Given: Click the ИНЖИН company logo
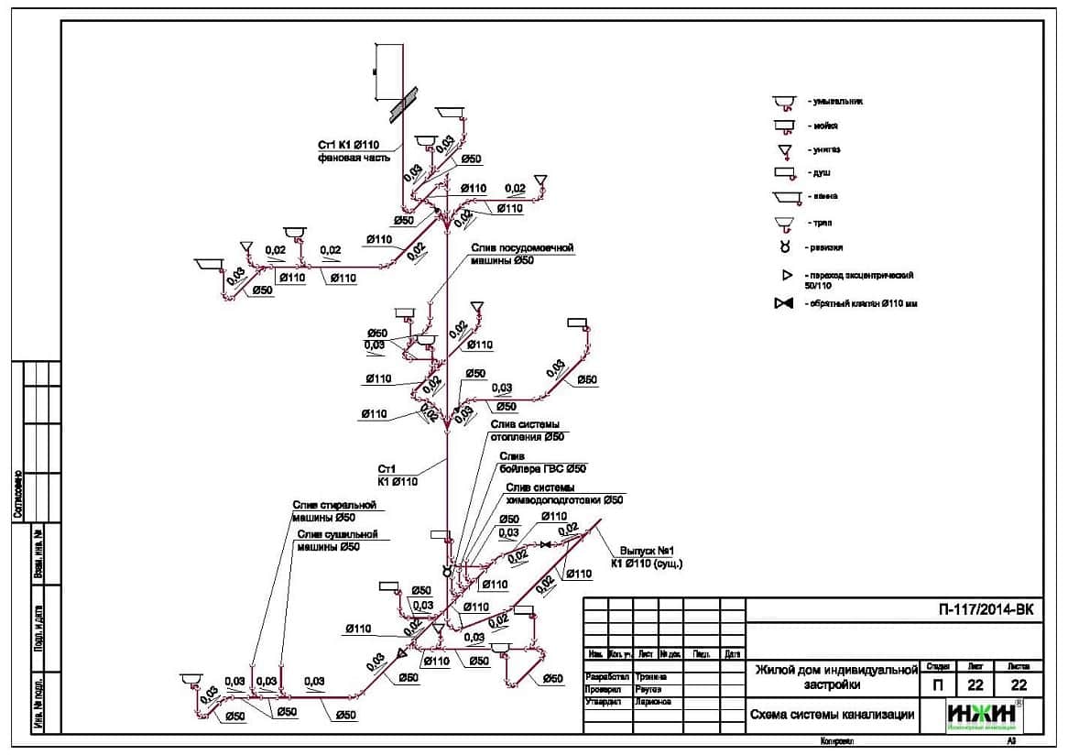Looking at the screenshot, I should [985, 715].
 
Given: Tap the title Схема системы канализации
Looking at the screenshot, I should [832, 716].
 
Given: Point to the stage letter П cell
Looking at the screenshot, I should [932, 684].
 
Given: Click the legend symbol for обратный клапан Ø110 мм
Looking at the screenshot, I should [783, 304].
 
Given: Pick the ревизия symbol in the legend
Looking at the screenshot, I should [784, 247].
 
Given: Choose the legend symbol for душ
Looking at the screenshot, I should [784, 172].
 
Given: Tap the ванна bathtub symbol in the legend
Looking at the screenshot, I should [785, 197].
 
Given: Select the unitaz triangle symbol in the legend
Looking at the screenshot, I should [784, 149].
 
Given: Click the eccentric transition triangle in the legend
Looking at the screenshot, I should [785, 275].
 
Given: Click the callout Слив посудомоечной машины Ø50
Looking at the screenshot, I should [521, 254].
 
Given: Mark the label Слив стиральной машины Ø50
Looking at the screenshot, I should [334, 511].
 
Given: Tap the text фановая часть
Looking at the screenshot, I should [354, 158].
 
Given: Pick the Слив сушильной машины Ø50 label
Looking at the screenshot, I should [337, 541].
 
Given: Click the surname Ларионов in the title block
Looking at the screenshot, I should [652, 702].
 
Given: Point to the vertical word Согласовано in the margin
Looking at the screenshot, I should [17, 495].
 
